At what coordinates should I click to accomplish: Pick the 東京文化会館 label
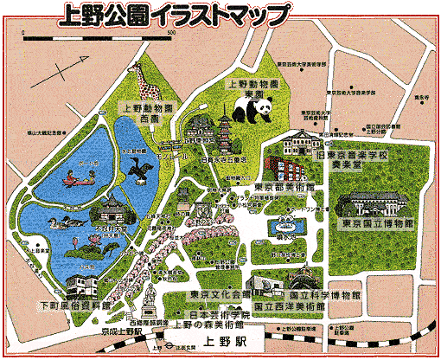[x=220, y=295]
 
